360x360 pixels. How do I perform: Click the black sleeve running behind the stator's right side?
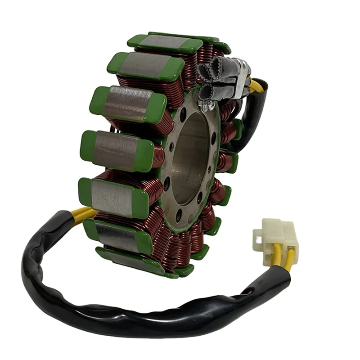pyautogui.click(x=252, y=117)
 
